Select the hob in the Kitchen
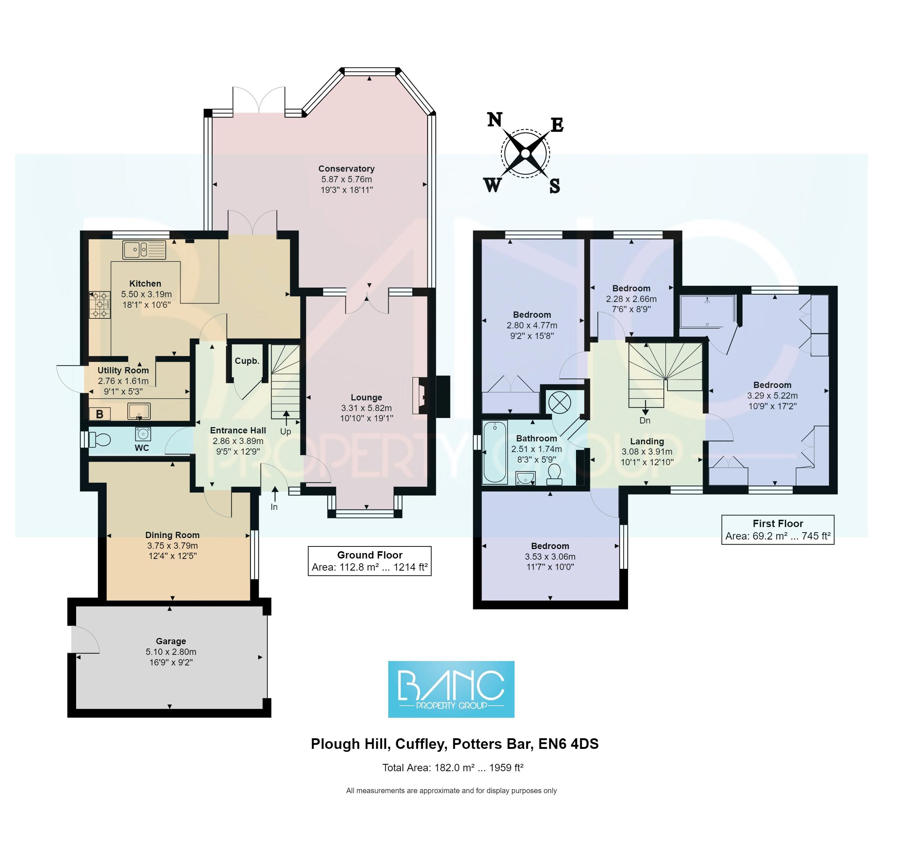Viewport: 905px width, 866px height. (x=100, y=304)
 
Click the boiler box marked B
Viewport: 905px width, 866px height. (x=100, y=414)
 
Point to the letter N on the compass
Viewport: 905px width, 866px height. (x=494, y=120)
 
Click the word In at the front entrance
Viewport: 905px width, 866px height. (x=274, y=507)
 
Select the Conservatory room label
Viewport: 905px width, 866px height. (x=346, y=169)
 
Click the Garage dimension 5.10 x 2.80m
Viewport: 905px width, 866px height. (x=171, y=652)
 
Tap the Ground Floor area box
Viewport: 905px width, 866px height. (x=369, y=561)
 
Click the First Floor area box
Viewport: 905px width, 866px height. (x=777, y=530)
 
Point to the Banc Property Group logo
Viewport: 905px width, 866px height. (x=450, y=689)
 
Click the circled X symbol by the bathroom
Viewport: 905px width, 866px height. (x=559, y=402)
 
